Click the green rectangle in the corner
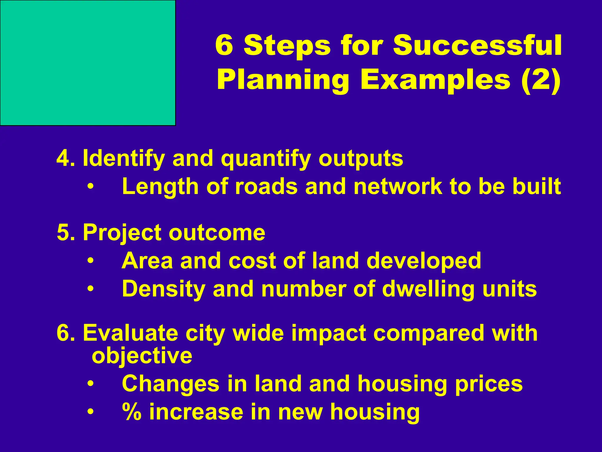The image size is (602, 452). (88, 63)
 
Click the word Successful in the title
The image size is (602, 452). (477, 46)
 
